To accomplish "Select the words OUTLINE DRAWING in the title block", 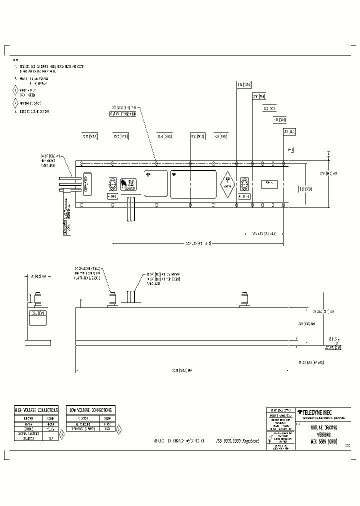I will click(324, 427).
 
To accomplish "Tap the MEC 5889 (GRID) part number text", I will click(324, 441).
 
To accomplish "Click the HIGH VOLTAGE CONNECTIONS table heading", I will click(35, 409).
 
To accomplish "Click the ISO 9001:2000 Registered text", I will click(237, 441).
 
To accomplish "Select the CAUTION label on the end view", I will click(37, 313).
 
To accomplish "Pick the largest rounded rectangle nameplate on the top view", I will click(193, 184).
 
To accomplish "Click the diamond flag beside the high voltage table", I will click(61, 434).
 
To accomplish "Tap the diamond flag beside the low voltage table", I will click(119, 428).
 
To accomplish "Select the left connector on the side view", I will click(112, 299).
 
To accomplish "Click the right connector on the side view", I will click(244, 299).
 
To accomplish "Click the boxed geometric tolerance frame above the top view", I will click(122, 114).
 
